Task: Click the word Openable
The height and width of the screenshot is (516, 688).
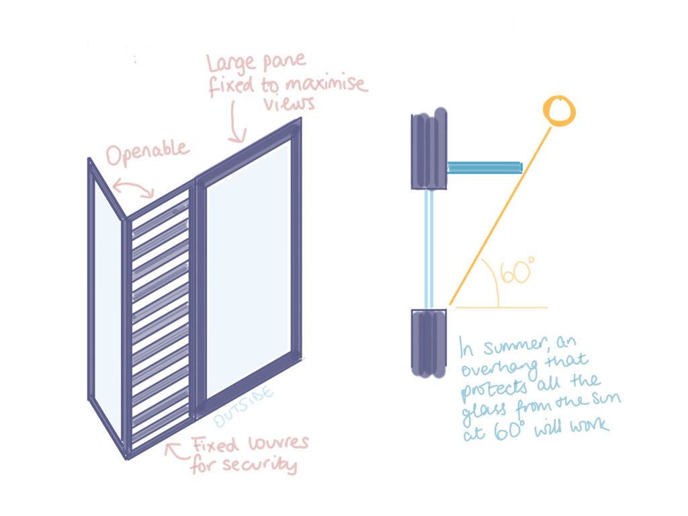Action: (148, 154)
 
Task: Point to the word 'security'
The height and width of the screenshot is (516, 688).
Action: (258, 465)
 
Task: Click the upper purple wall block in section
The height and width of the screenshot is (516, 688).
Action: (429, 150)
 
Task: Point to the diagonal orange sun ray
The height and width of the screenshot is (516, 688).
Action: (501, 215)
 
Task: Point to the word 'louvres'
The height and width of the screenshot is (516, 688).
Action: (275, 445)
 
